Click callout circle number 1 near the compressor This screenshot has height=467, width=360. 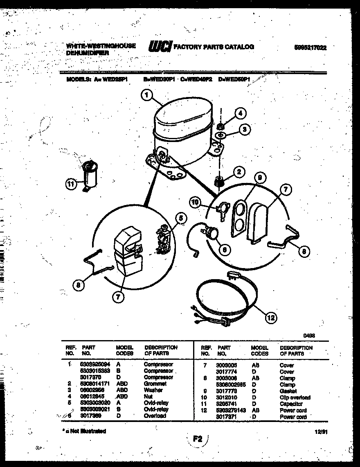(146, 96)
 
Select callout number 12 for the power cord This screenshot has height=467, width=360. (270, 317)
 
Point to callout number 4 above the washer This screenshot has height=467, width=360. (240, 113)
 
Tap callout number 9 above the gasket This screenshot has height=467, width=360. (259, 178)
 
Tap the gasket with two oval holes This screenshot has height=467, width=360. (239, 218)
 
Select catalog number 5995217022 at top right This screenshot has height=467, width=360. (310, 47)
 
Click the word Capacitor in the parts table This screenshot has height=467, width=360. (291, 404)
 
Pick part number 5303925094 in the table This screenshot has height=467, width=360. (95, 364)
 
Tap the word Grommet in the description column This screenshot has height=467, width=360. (155, 384)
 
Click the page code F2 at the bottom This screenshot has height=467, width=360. (198, 439)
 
